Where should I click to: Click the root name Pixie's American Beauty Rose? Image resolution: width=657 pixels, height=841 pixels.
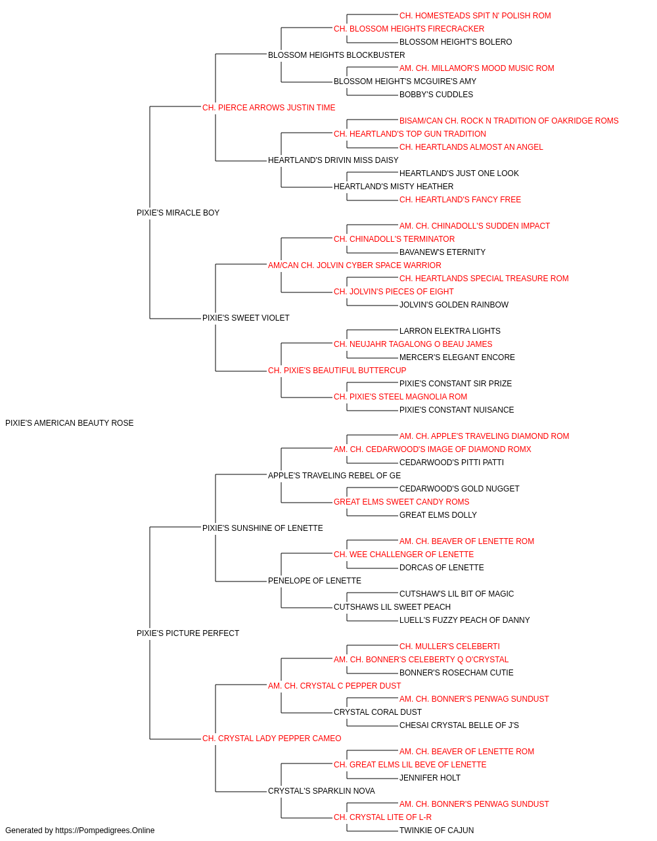point(69,423)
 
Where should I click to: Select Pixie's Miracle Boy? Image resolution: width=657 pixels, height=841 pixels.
point(178,213)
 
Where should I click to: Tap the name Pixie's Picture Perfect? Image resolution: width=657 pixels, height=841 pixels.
point(188,633)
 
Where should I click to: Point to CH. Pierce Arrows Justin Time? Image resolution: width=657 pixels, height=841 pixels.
point(269,108)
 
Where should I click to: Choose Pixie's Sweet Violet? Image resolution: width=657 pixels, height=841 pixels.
point(246,318)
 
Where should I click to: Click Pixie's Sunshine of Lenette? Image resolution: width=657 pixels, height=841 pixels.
point(262,528)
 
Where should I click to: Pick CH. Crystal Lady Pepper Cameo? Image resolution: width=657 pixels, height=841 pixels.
point(271,739)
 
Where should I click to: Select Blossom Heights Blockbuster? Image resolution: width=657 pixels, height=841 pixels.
point(336,55)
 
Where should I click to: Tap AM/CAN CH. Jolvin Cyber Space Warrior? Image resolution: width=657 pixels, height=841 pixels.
point(354,265)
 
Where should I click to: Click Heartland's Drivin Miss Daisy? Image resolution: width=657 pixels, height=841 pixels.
point(333,160)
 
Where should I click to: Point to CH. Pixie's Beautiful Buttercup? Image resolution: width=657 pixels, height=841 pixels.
point(337,371)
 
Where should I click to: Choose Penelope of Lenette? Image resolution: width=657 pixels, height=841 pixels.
point(315,581)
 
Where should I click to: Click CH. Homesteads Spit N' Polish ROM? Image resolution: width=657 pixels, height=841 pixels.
point(475,16)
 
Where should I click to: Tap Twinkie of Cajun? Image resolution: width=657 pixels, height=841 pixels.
point(436,830)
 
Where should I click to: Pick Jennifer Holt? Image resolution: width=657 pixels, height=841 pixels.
point(430,777)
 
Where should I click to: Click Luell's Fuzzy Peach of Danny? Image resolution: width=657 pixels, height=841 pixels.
point(464,620)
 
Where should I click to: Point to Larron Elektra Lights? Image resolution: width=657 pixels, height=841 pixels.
point(449,331)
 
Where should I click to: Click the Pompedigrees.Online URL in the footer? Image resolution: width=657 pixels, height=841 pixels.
point(105,830)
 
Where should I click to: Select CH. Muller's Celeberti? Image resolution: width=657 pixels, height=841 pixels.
point(449,647)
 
